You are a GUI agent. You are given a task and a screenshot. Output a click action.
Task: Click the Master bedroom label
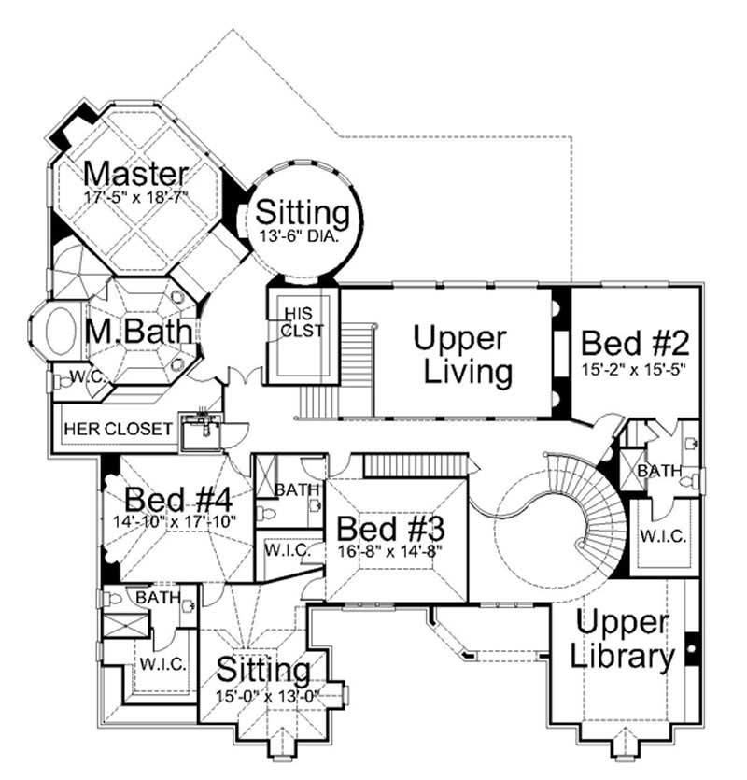point(135,174)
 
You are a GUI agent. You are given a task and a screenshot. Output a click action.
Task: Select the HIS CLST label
point(301,322)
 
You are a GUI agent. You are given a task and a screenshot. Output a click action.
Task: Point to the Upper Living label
point(462,355)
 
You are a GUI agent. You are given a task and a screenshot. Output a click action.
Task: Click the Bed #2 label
point(635,343)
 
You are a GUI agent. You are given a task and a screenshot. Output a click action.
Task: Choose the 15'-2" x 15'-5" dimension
point(634,370)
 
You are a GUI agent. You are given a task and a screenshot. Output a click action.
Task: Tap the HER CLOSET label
point(118,429)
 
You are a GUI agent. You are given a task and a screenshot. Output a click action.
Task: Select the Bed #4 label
point(178,500)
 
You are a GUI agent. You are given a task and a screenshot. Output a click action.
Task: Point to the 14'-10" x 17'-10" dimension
point(174,522)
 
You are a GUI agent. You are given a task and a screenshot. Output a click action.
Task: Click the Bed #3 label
point(390,529)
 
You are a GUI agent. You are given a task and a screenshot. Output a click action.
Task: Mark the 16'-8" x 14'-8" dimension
point(390,551)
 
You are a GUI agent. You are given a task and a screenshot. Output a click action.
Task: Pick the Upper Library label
point(622,639)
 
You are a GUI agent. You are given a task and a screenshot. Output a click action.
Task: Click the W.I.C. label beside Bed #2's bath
point(663,536)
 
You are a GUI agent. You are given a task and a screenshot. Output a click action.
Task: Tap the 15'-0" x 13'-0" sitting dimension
point(267,696)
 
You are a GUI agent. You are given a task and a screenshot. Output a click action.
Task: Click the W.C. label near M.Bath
point(88,376)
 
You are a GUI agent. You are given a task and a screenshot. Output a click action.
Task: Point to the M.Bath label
point(138,331)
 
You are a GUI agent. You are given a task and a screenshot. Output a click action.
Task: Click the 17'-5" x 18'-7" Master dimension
point(135,197)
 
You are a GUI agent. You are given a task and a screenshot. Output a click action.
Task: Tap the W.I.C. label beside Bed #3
point(288,549)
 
